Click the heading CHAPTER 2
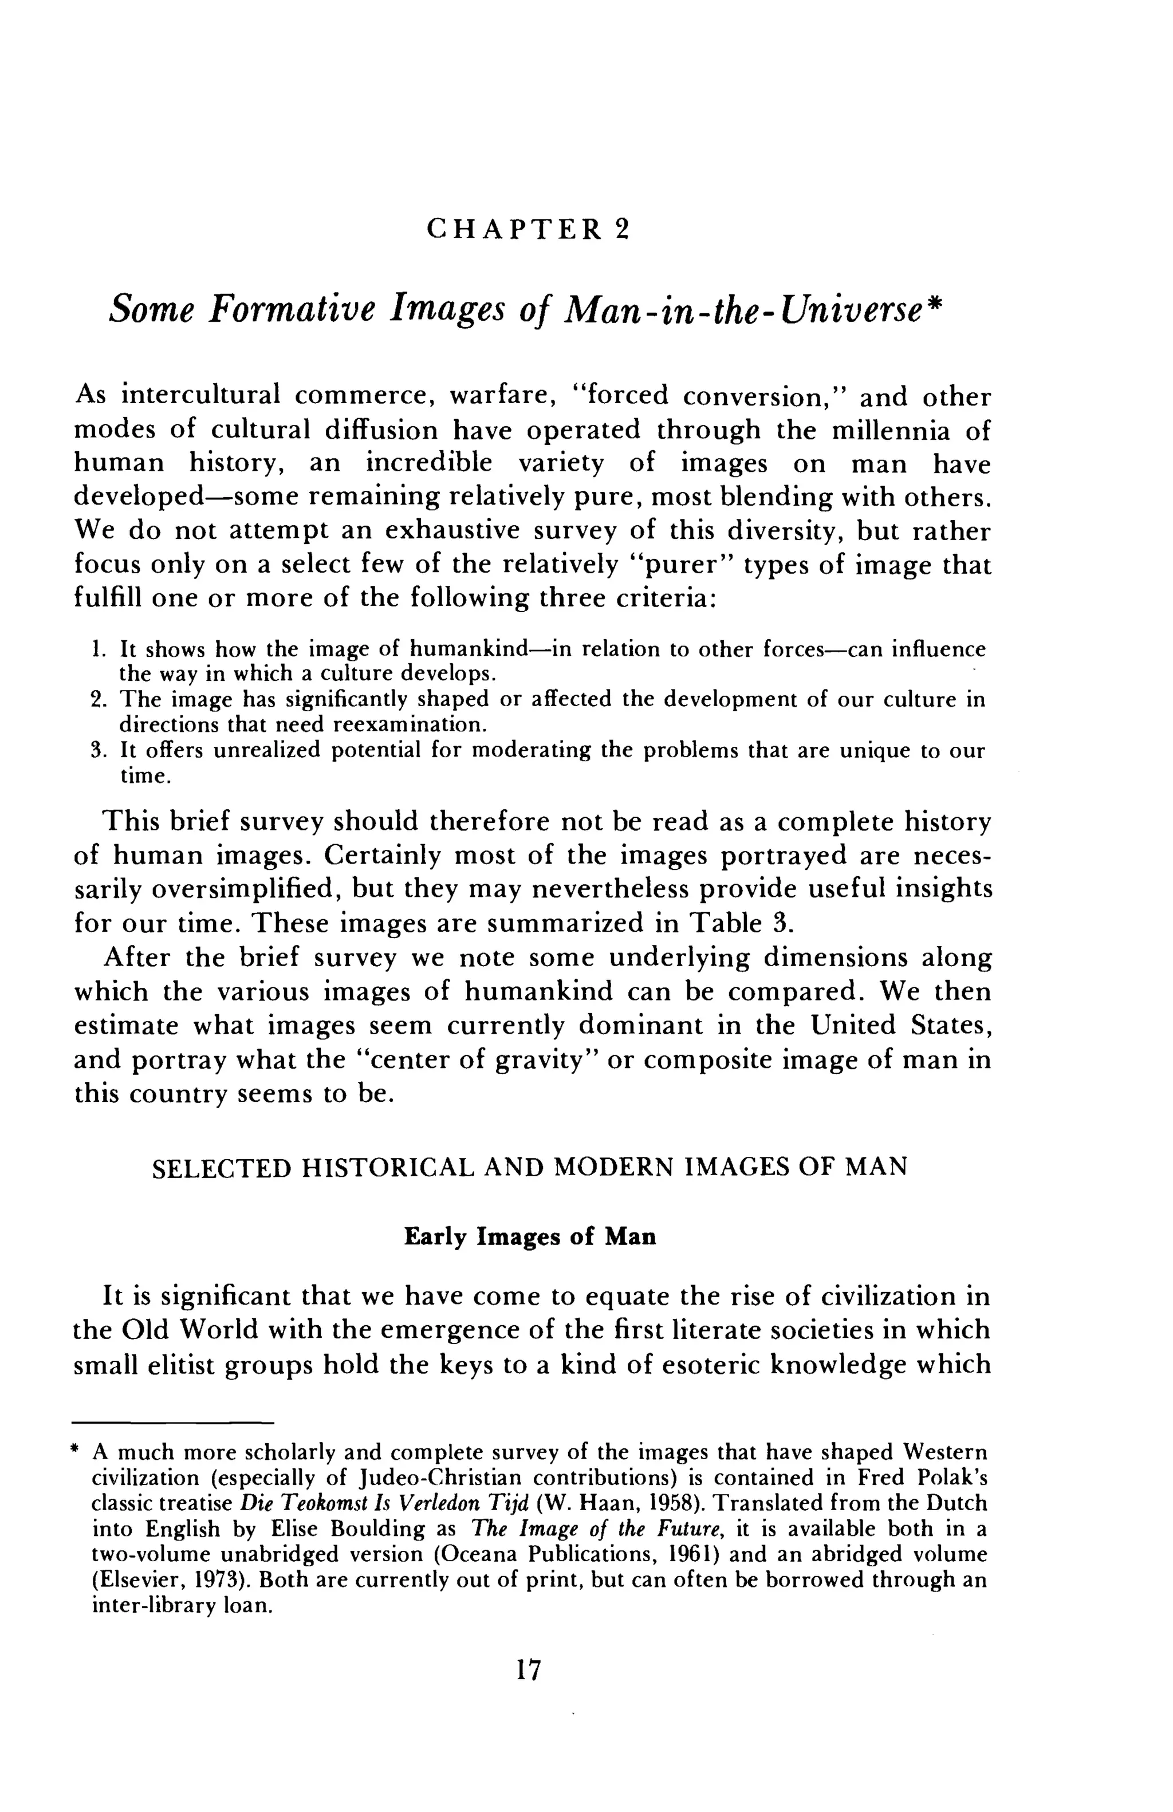coord(528,229)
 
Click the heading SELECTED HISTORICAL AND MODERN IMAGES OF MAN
coord(529,1167)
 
